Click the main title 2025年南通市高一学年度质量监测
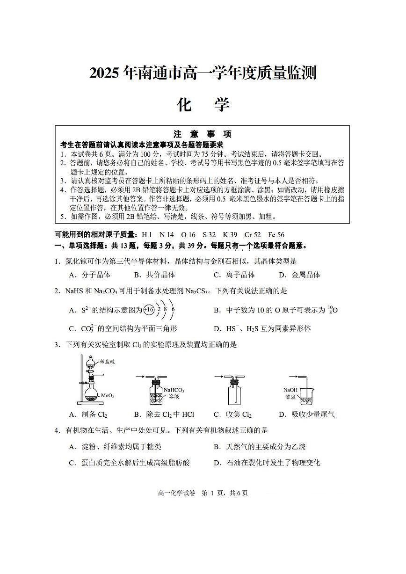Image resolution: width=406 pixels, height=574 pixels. pyautogui.click(x=203, y=73)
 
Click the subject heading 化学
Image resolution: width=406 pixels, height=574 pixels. pyautogui.click(x=203, y=105)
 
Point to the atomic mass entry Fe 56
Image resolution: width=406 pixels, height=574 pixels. pyautogui.click(x=276, y=235)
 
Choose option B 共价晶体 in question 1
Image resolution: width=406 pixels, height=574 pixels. pyautogui.click(x=154, y=275)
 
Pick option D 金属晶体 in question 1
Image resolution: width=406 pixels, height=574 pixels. pyautogui.click(x=299, y=275)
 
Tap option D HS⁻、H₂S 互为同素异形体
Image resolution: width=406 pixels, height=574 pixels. pyautogui.click(x=262, y=328)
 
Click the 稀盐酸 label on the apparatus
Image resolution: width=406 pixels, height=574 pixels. pyautogui.click(x=107, y=362)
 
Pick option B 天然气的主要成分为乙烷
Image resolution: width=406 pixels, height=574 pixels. pyautogui.click(x=260, y=447)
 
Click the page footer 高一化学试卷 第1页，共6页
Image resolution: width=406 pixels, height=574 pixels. pyautogui.click(x=203, y=493)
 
